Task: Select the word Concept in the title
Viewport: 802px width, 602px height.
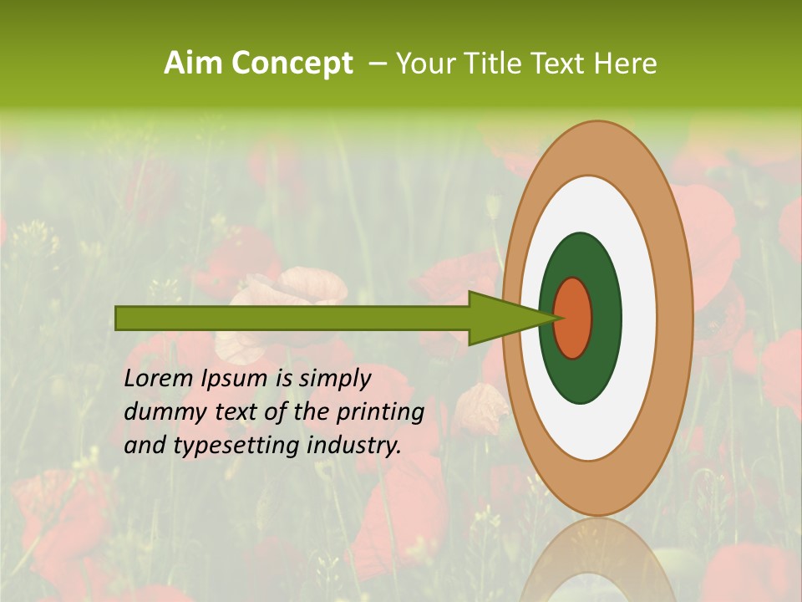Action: pyautogui.click(x=292, y=64)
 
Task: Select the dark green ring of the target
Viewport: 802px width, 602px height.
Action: pyautogui.click(x=581, y=376)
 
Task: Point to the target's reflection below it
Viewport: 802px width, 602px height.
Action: pyautogui.click(x=597, y=564)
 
